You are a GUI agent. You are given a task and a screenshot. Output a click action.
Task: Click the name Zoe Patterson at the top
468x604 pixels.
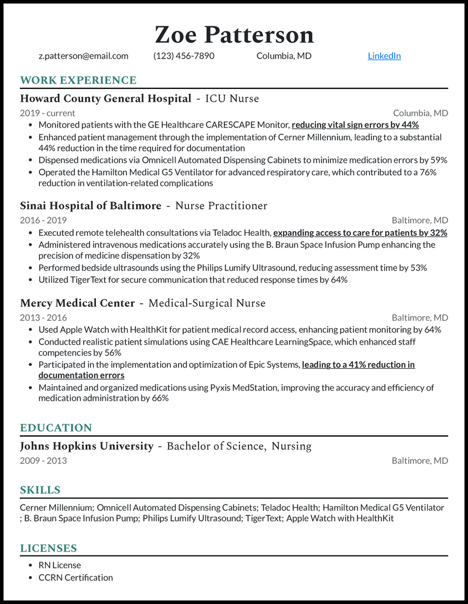[x=234, y=35]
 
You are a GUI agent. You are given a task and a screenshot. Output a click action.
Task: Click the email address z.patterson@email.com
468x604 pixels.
[x=83, y=56]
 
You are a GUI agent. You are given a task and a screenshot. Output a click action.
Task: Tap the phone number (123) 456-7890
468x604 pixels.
[x=184, y=56]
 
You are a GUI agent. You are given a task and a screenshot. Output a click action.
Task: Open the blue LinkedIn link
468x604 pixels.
[x=384, y=56]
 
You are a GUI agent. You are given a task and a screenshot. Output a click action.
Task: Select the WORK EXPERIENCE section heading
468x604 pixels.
[x=78, y=80]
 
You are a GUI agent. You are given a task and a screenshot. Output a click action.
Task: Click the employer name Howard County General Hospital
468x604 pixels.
[x=105, y=98]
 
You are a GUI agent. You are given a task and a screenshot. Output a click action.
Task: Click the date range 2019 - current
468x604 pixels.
[x=47, y=113]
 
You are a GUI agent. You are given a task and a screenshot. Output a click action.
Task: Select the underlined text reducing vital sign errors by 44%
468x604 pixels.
[x=355, y=125]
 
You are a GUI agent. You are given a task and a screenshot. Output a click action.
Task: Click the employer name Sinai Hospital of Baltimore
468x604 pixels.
[x=90, y=205]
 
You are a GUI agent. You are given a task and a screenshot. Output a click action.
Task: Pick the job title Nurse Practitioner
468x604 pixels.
[x=221, y=205]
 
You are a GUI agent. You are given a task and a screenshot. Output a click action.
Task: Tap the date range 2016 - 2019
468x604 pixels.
[x=43, y=220]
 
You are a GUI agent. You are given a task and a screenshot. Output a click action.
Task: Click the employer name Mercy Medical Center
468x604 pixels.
[x=77, y=303]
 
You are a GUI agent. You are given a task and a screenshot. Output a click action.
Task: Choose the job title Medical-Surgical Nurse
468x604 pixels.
[x=207, y=303]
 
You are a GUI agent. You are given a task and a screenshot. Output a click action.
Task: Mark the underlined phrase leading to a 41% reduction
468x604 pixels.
[x=358, y=365]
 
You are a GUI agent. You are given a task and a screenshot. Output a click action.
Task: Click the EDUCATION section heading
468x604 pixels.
[x=56, y=428]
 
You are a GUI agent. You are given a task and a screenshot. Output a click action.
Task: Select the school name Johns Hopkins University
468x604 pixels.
[x=87, y=446]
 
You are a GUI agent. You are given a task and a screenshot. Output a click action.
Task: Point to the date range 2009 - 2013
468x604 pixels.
[x=43, y=461]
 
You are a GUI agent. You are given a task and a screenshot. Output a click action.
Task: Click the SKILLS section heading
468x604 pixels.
[x=40, y=490]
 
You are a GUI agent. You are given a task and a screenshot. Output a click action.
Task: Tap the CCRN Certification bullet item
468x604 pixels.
[x=75, y=578]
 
